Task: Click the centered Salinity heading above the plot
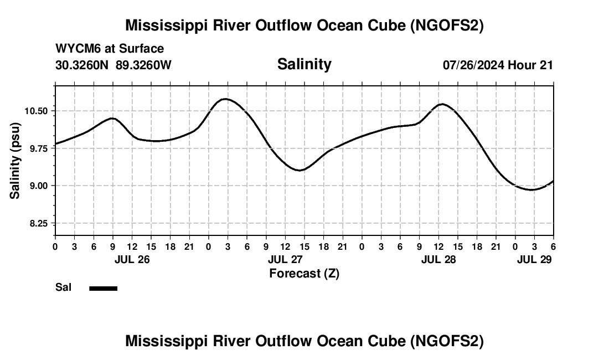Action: click(x=304, y=64)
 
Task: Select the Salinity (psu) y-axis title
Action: click(x=16, y=161)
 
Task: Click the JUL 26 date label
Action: click(x=132, y=259)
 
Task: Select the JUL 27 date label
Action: click(x=285, y=259)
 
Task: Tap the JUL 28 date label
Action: click(x=438, y=259)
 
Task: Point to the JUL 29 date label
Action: click(x=535, y=259)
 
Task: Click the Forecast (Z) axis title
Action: click(x=304, y=273)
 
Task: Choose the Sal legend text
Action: click(x=64, y=287)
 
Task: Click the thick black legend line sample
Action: click(x=103, y=288)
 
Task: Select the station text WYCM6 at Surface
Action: click(x=110, y=49)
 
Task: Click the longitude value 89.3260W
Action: click(x=144, y=65)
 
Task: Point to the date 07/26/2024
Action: click(x=474, y=65)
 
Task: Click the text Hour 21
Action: click(x=530, y=65)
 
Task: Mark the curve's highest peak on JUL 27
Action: click(x=225, y=99)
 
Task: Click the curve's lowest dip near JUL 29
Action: click(x=532, y=190)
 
